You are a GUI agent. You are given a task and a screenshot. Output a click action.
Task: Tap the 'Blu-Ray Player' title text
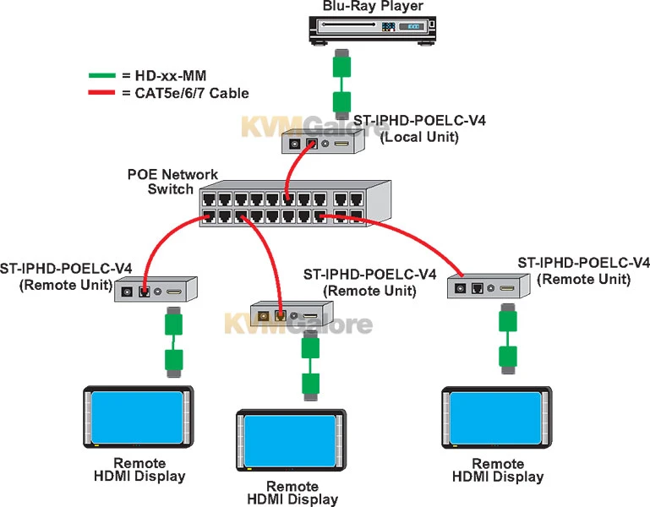click(x=373, y=6)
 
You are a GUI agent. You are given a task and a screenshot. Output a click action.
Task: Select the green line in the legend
click(x=101, y=75)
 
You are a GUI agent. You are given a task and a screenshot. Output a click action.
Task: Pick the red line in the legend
click(x=101, y=93)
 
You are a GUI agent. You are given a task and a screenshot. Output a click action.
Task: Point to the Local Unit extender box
click(x=324, y=144)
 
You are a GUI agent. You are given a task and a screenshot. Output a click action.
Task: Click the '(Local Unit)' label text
click(x=419, y=137)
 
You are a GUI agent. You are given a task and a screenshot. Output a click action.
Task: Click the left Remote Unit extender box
click(x=156, y=290)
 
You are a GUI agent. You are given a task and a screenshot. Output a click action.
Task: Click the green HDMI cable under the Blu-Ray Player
click(x=341, y=84)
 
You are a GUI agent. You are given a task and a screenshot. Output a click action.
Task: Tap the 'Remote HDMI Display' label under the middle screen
click(x=292, y=493)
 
